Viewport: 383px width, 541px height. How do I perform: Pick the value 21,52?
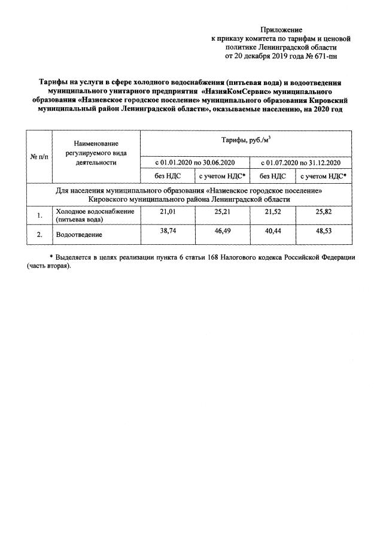coord(273,212)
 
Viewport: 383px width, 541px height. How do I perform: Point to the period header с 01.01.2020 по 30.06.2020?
coord(195,162)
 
